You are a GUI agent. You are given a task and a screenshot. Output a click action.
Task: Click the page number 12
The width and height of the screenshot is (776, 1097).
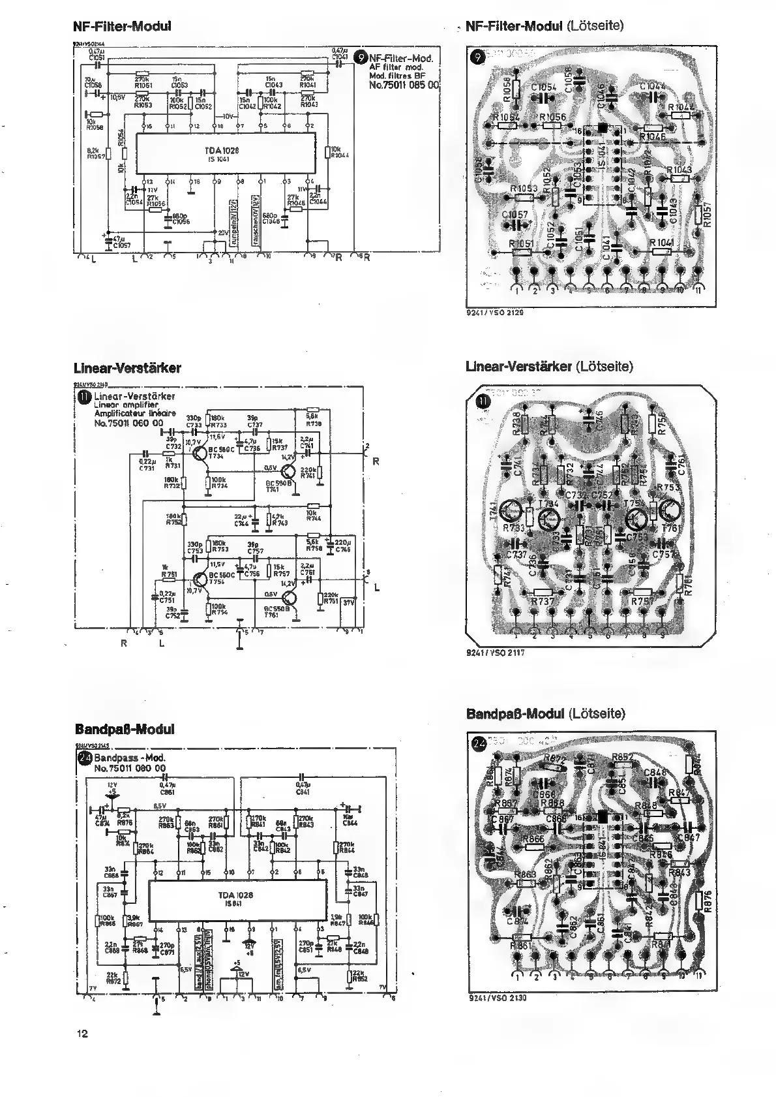(x=82, y=1033)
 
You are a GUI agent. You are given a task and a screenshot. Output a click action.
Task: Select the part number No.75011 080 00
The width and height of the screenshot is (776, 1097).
(x=130, y=769)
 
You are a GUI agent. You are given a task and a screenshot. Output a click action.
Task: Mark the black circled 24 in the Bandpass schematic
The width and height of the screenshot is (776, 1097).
(x=85, y=759)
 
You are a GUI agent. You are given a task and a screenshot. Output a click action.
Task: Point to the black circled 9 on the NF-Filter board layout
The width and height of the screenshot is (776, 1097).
(x=479, y=57)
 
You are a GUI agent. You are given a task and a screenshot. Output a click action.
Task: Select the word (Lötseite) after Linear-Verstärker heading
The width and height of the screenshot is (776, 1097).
(x=604, y=367)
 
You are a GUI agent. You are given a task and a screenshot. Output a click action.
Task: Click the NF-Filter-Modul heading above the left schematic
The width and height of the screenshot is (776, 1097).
(x=123, y=27)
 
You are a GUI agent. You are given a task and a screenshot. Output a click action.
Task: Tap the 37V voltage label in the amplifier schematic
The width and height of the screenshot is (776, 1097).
(x=348, y=602)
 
